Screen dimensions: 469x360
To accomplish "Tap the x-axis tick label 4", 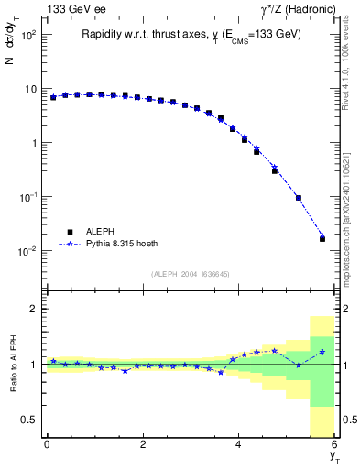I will click(x=238, y=444).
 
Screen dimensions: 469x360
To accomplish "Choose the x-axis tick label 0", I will click(x=46, y=444).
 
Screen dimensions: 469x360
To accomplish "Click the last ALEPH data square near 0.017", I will click(x=322, y=238).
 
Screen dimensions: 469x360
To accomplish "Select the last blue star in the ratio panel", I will click(x=322, y=352).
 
